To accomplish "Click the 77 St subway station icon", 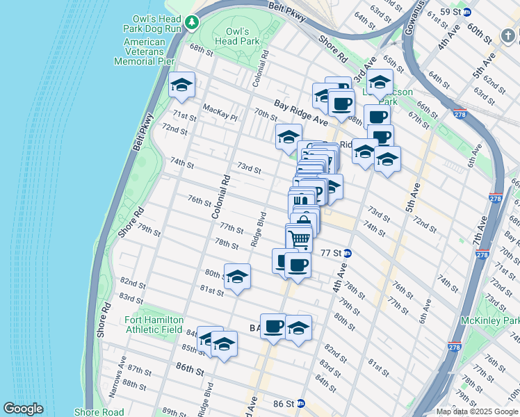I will tap(346, 254).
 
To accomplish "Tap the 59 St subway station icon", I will tap(467, 12).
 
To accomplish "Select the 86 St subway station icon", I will tap(300, 403).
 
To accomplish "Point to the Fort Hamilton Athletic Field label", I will tap(154, 325).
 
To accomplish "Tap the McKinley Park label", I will tap(489, 320).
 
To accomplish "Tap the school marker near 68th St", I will tap(182, 85).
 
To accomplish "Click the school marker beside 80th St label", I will tap(236, 277).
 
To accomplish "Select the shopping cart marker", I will tap(300, 238).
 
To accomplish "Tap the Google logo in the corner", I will tap(23, 409).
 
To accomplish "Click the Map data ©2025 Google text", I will tap(478, 411).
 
